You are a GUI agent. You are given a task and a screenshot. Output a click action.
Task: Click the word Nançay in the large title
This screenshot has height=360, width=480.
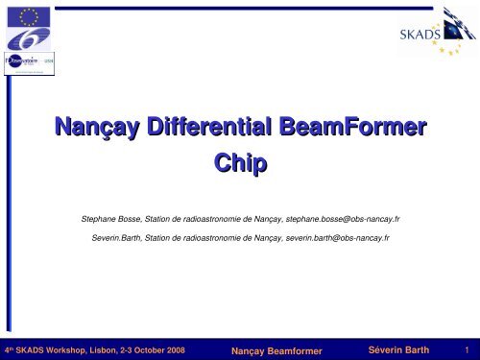coord(95,128)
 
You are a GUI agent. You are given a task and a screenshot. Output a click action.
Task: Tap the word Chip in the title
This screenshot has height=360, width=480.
coord(240,165)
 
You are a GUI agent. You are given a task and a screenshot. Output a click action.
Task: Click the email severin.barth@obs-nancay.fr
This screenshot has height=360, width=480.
coord(327,236)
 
